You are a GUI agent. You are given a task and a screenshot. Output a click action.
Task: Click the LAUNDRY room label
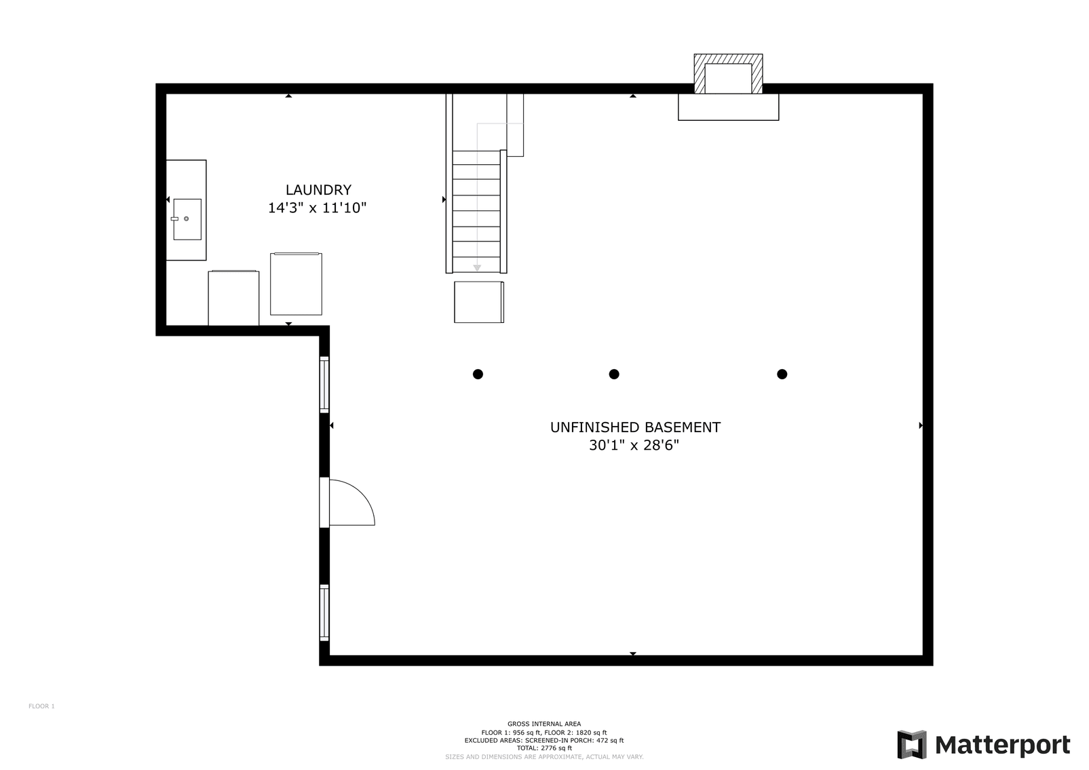(318, 190)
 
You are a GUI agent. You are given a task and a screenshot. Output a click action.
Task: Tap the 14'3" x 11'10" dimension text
(317, 208)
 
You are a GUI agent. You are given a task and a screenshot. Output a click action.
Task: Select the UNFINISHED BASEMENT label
(634, 427)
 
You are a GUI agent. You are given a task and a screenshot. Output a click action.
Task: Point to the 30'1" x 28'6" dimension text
(634, 446)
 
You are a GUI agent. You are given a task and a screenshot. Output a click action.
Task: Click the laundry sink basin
(187, 219)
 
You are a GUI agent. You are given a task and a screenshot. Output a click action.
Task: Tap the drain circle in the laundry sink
(186, 218)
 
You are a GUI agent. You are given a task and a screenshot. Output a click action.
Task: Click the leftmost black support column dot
(478, 374)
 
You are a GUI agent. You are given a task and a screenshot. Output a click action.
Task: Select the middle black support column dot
(614, 374)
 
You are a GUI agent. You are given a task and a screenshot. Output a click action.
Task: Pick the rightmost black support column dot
(782, 374)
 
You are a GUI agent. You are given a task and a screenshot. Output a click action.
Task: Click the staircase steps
(476, 210)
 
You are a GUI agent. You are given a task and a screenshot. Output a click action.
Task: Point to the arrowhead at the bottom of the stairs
(477, 268)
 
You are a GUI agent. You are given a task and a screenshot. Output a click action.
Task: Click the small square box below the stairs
(479, 302)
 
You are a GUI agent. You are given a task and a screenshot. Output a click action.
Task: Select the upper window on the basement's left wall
(324, 385)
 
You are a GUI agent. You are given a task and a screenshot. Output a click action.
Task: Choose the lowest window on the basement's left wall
(324, 613)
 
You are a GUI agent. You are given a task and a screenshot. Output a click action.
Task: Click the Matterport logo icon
(911, 744)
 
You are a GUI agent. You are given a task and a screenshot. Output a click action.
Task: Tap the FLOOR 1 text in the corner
(41, 706)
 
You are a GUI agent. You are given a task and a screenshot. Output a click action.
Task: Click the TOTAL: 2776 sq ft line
(544, 748)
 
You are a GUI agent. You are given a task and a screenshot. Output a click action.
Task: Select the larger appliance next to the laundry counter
(296, 284)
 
